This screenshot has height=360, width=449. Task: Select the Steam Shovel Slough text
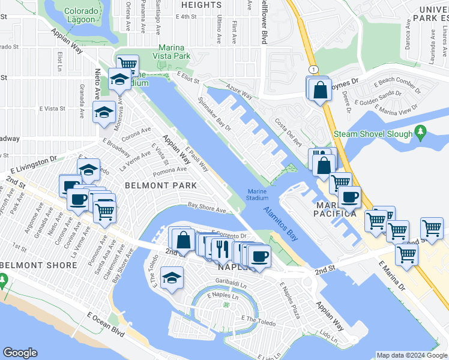pyautogui.click(x=373, y=134)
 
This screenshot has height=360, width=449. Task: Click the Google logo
pyautogui.click(x=20, y=353)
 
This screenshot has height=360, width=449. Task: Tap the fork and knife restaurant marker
pyautogui.click(x=221, y=246)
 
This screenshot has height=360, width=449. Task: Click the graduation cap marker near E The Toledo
pyautogui.click(x=172, y=278)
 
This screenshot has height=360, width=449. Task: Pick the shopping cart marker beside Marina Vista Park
pyautogui.click(x=127, y=64)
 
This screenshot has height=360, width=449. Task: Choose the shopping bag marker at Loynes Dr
pyautogui.click(x=321, y=89)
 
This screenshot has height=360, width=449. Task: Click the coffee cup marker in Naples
pyautogui.click(x=259, y=256)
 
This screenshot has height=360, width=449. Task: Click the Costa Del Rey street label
pyautogui.click(x=289, y=131)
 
